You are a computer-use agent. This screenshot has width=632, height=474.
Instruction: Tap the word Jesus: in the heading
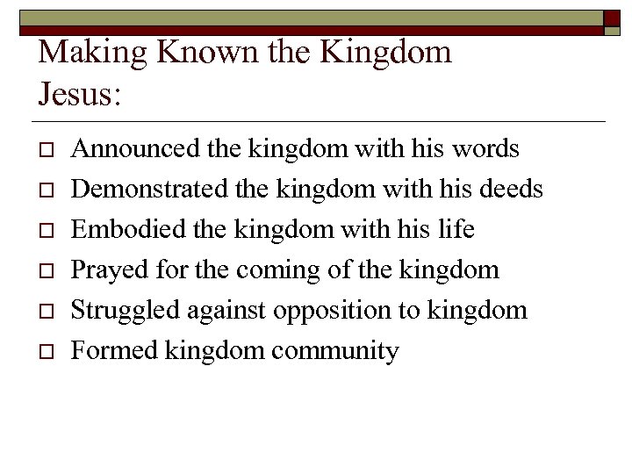(80, 92)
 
